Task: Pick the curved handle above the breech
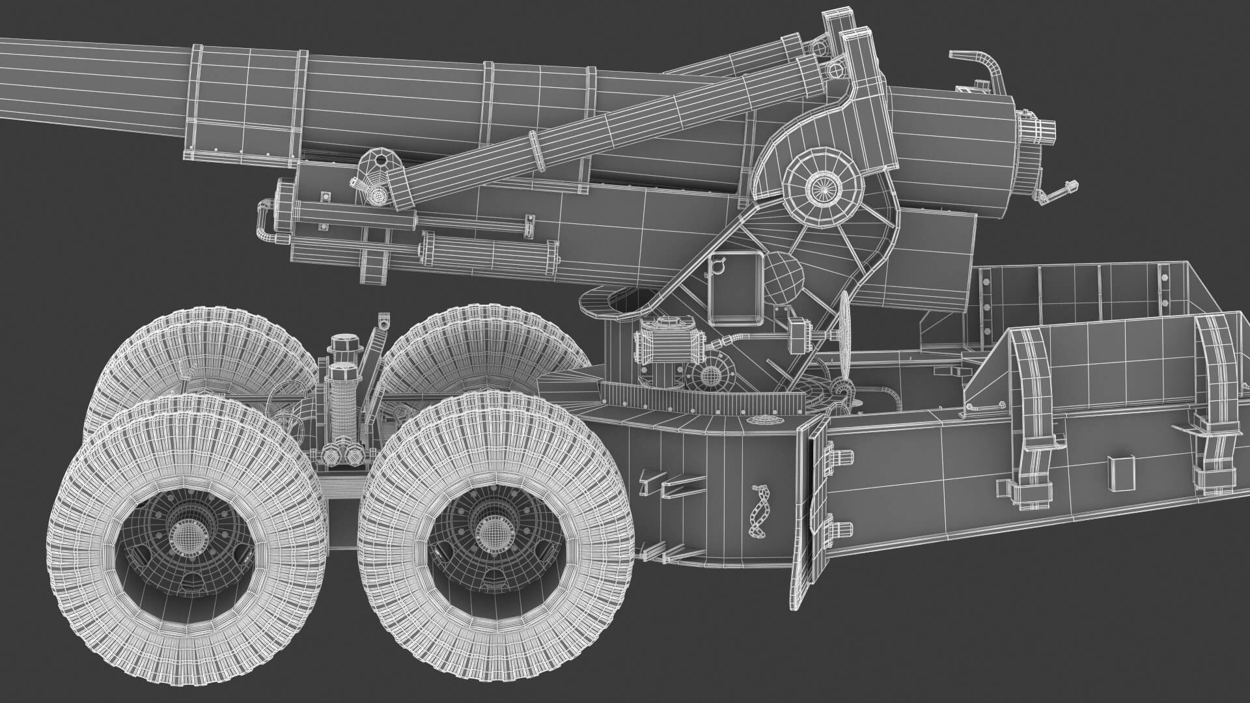tap(977, 65)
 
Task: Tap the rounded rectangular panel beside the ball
tap(736, 286)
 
